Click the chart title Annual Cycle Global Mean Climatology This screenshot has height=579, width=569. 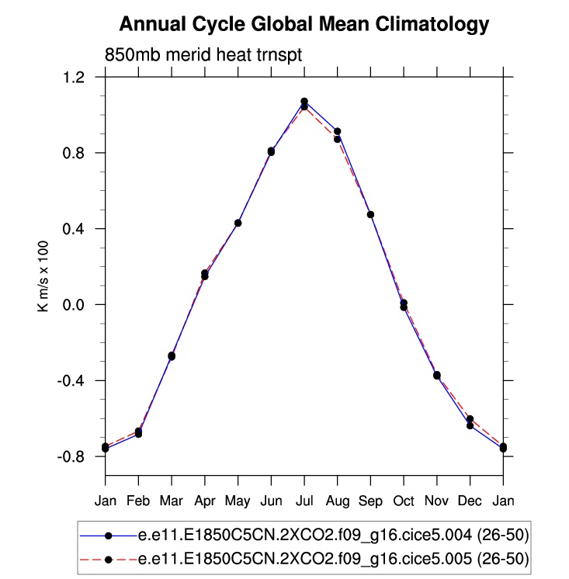[x=304, y=24]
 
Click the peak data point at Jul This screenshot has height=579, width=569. [x=304, y=102]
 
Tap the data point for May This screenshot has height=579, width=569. [x=238, y=223]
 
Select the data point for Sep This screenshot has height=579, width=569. [x=370, y=214]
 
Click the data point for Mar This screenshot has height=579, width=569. [x=172, y=356]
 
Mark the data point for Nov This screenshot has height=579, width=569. [x=437, y=376]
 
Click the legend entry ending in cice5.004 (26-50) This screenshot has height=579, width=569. [x=334, y=536]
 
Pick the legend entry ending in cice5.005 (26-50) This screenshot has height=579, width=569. [x=334, y=558]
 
